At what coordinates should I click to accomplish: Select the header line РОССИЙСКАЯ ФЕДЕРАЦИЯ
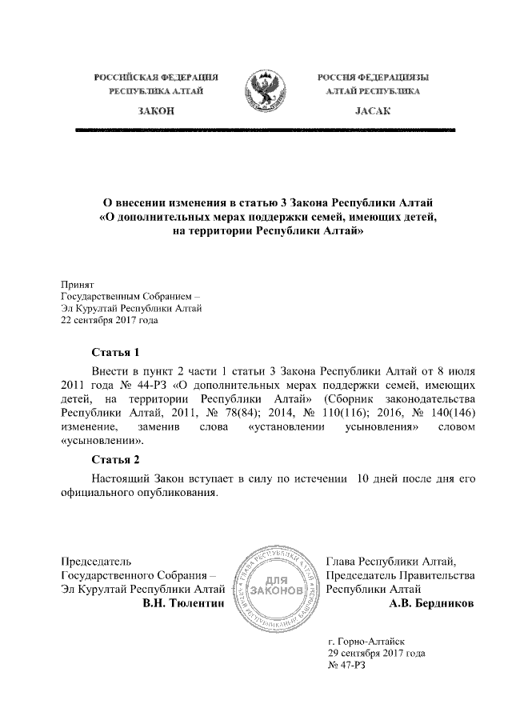[157, 77]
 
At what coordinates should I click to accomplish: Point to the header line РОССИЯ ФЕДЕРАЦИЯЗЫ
[372, 77]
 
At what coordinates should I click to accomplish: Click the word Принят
[78, 284]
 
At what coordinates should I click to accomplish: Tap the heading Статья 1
[117, 352]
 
